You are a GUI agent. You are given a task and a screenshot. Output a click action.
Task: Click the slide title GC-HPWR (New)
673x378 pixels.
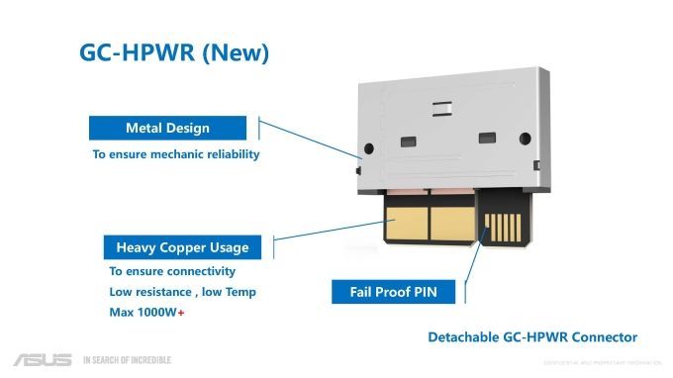coord(174,53)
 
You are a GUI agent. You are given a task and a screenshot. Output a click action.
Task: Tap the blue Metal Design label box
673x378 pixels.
coord(168,129)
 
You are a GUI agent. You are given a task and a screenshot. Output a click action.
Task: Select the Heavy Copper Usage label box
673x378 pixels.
coord(182,247)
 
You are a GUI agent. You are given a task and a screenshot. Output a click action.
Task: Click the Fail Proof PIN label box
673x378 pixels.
coord(394,292)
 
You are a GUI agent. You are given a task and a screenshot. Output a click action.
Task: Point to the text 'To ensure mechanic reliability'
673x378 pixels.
coord(176,155)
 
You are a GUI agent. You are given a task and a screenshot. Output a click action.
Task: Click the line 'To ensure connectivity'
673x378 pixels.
coord(172,271)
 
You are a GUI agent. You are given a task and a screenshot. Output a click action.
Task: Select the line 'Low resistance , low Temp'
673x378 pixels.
coord(182,292)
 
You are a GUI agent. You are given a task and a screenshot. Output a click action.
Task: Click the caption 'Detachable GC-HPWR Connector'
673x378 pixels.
coord(532,337)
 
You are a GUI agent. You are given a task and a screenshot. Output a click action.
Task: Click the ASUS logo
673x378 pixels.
coord(42,359)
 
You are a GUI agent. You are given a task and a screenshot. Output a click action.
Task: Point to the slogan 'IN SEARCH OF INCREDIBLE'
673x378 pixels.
coord(127,359)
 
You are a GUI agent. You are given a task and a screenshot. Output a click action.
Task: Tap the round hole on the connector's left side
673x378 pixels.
coord(368,148)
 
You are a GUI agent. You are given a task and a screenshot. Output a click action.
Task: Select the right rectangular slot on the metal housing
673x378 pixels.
coord(485,138)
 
